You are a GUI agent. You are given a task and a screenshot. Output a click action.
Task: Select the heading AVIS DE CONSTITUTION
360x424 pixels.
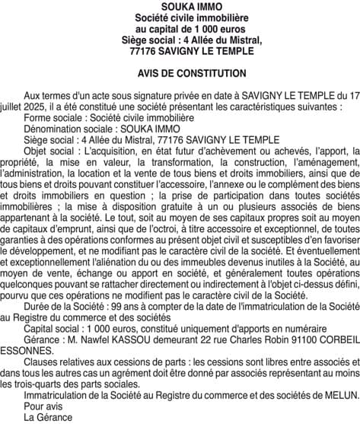(180, 74)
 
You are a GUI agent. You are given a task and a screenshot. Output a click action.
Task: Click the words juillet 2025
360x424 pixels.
(27, 108)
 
